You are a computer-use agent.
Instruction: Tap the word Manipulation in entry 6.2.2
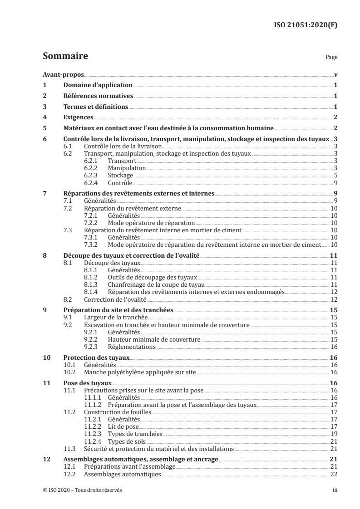click(127, 167)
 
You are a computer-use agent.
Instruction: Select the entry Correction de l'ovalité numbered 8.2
click(115, 299)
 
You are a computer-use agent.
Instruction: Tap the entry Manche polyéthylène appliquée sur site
click(140, 372)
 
